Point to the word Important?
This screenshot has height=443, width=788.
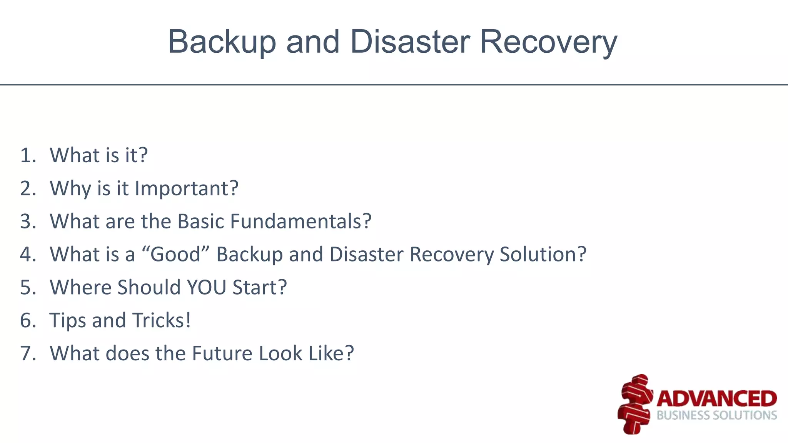pos(187,188)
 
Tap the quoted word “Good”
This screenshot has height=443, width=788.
pos(175,255)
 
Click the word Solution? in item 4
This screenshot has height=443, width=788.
pos(543,255)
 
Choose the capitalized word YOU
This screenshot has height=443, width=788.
pos(206,287)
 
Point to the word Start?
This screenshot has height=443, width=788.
pos(260,287)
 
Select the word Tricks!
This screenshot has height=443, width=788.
pos(162,320)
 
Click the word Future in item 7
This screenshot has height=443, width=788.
pos(222,353)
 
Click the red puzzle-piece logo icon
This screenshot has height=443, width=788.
pos(635,404)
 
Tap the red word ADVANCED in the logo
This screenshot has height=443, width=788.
pos(716,398)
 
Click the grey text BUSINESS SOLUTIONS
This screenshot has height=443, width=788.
pos(716,415)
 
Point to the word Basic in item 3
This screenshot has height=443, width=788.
pos(200,221)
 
